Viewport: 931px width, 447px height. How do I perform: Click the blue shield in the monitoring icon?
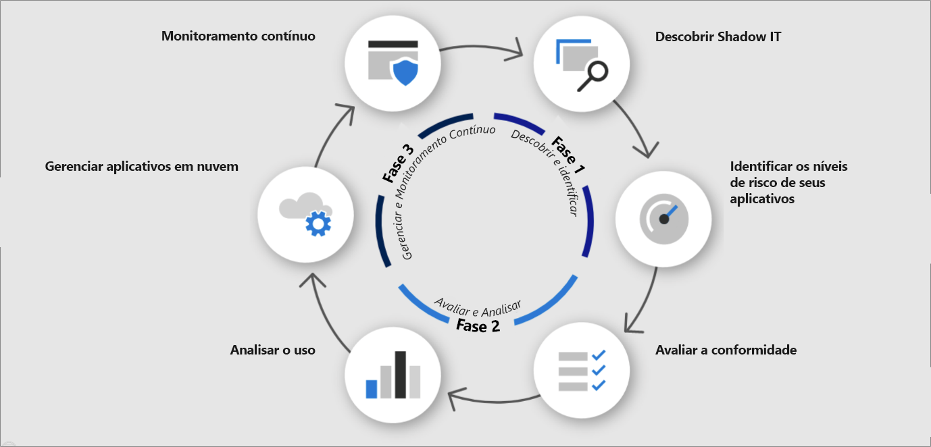point(405,71)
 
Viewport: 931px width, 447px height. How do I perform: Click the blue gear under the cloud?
point(318,223)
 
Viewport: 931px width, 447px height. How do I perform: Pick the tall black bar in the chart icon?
point(400,374)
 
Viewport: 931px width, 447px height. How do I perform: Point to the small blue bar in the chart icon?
point(371,388)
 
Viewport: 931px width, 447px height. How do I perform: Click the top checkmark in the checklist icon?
point(598,355)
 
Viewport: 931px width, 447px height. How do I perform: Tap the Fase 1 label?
point(568,152)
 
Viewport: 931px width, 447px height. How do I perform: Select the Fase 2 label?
point(478,326)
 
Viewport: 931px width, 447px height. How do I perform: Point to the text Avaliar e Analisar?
point(477,307)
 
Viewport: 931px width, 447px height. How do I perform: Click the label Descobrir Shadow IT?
point(718,37)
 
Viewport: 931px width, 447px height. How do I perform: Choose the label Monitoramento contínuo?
point(238,36)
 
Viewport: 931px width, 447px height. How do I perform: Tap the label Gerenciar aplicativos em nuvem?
point(141,166)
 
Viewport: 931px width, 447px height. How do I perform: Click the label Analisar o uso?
point(272,350)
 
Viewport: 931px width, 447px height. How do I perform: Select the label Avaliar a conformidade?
point(726,350)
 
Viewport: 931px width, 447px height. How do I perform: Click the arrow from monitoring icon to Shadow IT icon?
point(484,49)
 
